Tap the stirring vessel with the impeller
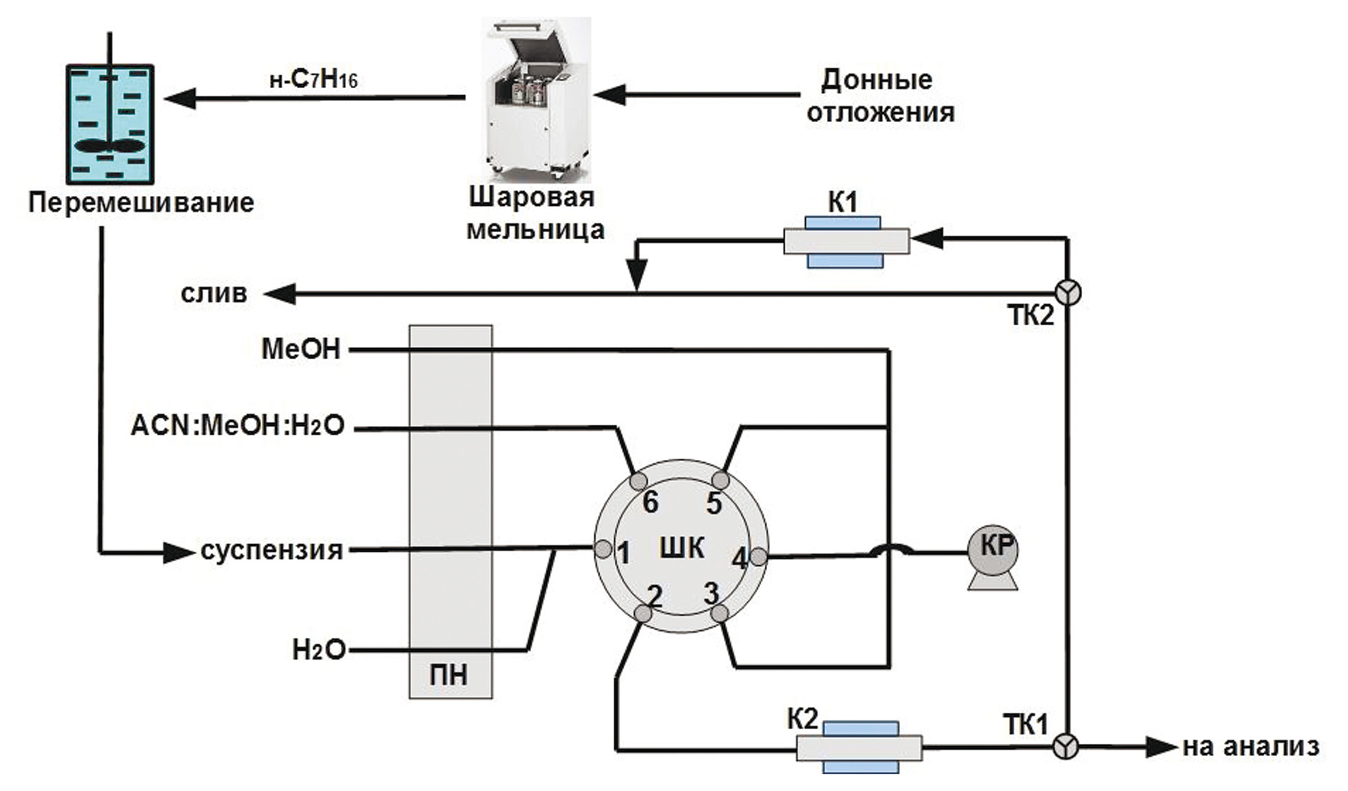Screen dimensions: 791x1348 tap(110, 124)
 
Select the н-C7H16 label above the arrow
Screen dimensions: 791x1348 tap(314, 79)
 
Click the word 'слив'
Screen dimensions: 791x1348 tap(214, 293)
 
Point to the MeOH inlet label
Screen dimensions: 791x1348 tap(301, 349)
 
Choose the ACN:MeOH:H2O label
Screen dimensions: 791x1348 tap(238, 427)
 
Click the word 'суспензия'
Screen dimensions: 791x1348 tap(271, 551)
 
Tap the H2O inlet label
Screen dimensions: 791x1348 tap(318, 650)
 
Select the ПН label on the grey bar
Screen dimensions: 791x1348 tap(449, 675)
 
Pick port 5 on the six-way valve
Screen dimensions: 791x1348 tap(721, 480)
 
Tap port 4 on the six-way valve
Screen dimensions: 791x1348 tap(758, 557)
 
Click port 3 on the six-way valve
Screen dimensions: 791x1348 tap(719, 613)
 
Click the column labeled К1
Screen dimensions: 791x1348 tap(846, 241)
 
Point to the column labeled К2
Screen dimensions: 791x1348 tap(859, 747)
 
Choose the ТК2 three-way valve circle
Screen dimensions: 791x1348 tap(1068, 293)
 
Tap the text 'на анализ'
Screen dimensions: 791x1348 tap(1251, 747)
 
